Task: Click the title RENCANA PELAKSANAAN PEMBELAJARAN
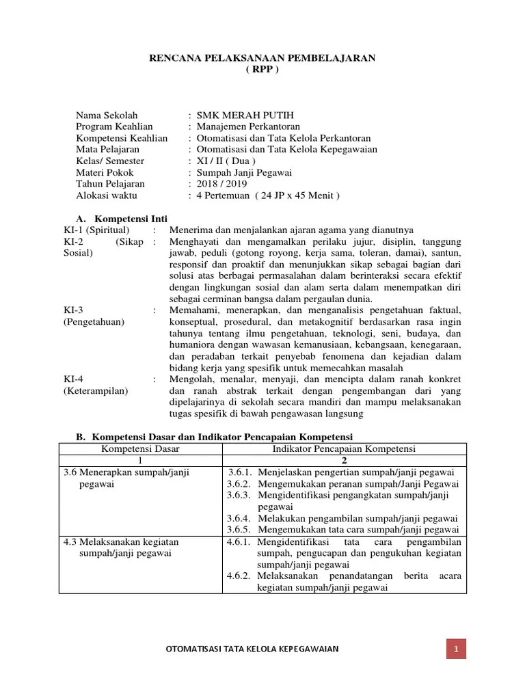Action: (x=262, y=59)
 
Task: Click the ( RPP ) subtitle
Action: (x=262, y=70)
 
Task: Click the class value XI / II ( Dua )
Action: (x=226, y=161)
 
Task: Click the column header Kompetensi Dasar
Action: (x=140, y=448)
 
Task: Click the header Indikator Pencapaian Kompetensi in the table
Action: (x=345, y=448)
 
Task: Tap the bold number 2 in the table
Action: (x=345, y=460)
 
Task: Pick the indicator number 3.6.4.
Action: (x=240, y=518)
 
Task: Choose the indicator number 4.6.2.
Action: (x=240, y=576)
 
